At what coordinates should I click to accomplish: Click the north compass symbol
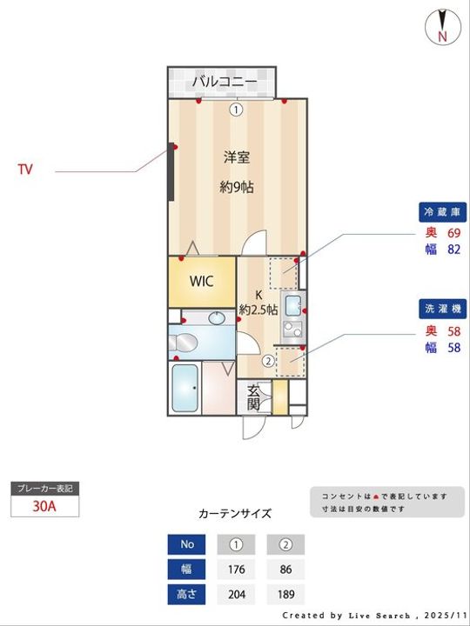442,26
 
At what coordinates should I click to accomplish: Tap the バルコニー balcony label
225,82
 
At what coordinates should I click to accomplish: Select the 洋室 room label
237,157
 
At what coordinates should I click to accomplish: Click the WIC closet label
201,282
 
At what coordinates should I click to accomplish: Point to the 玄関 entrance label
253,397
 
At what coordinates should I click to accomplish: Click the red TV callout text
25,170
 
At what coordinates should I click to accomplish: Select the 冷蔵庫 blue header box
443,211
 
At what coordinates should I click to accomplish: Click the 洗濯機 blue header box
443,309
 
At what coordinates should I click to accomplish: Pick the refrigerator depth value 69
453,233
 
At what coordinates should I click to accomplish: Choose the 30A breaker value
44,506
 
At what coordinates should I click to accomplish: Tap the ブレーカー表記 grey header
44,489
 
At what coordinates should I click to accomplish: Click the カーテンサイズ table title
235,513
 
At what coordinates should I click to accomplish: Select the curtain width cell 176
235,570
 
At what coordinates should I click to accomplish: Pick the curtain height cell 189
285,596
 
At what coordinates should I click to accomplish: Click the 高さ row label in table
186,596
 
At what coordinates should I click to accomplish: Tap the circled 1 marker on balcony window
236,110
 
